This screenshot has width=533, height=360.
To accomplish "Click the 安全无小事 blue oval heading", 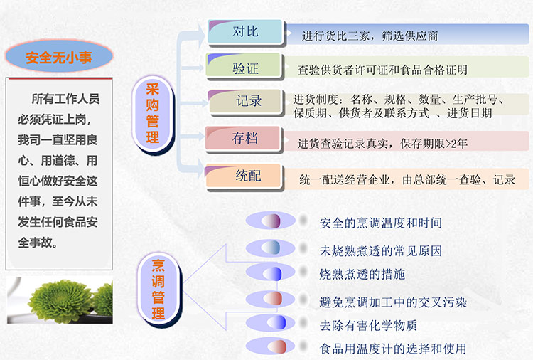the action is [x=59, y=56].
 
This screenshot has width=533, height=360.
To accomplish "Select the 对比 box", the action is [x=245, y=32].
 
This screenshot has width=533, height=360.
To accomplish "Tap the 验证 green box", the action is [x=244, y=66].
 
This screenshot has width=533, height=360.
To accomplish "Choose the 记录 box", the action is [x=246, y=102].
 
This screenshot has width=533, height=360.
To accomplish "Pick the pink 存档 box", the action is [x=244, y=139].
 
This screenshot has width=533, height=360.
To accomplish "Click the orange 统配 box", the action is [x=244, y=176].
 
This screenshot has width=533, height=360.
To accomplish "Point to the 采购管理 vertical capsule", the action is [x=153, y=115].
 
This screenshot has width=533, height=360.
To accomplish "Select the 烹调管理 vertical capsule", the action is [x=158, y=290].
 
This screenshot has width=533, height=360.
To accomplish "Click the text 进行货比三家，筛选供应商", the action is [x=370, y=36].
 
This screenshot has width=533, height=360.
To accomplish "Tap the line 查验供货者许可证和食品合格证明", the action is [x=383, y=70].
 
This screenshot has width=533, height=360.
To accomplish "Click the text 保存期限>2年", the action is [x=434, y=144].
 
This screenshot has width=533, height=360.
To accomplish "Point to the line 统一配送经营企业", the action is [x=345, y=179].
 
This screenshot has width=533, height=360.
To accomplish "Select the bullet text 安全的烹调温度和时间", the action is [x=381, y=223].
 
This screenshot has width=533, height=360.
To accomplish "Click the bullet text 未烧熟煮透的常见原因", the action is [x=381, y=250].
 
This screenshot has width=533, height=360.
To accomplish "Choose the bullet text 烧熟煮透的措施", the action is [x=362, y=274].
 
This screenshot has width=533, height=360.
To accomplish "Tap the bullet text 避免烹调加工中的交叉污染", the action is [x=393, y=302].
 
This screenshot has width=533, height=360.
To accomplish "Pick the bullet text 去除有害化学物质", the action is [x=368, y=325].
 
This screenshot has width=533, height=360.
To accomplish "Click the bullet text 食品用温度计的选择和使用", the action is [x=393, y=349].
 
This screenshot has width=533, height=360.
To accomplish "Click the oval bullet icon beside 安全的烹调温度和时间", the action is [x=271, y=221].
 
